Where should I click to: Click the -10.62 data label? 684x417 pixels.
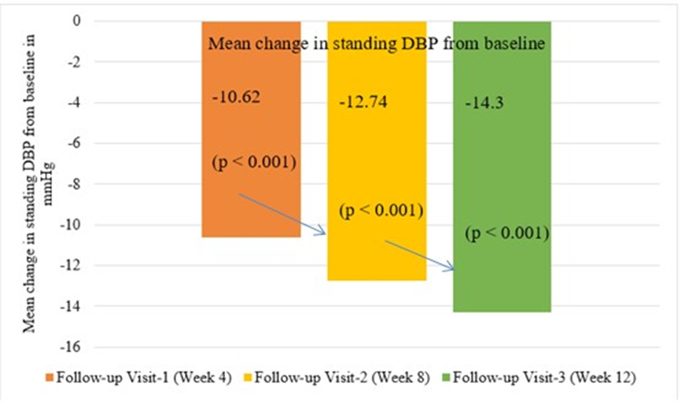tap(236, 98)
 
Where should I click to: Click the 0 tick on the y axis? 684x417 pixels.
tap(78, 21)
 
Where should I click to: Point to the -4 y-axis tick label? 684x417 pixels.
tap(75, 103)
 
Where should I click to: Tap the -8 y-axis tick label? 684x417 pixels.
tap(75, 184)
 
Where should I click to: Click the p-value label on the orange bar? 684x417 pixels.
tap(253, 163)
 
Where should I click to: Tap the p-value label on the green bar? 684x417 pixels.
tap(506, 234)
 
